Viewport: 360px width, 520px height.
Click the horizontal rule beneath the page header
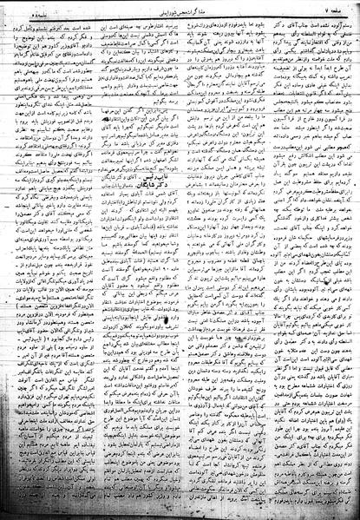pyautogui.click(x=180, y=16)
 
